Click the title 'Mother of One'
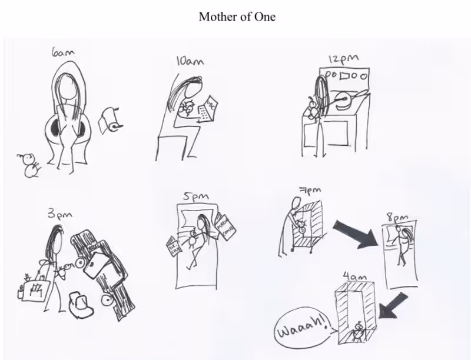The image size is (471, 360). (237, 16)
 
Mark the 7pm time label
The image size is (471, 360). (306, 192)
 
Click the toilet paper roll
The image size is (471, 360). (110, 119)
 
